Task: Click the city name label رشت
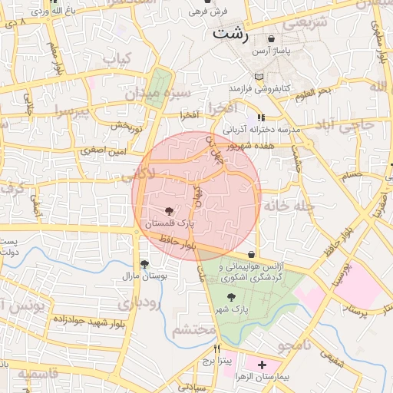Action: pos(232,34)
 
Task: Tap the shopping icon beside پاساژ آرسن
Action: pos(272,38)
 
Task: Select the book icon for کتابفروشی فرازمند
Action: pos(259,77)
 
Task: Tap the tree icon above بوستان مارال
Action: pos(144,263)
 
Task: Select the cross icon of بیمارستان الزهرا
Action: pos(263,365)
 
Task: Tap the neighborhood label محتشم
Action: pos(193,330)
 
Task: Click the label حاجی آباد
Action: pos(359,125)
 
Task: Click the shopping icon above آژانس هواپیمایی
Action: pos(252,255)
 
